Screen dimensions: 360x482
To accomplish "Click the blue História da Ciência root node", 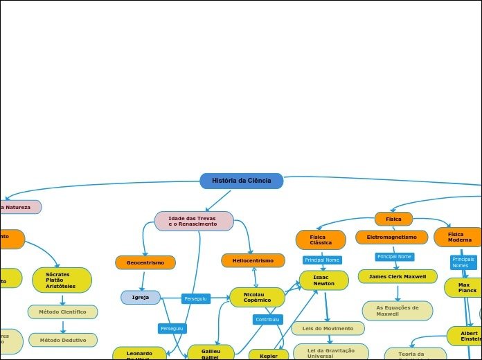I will click(242, 181).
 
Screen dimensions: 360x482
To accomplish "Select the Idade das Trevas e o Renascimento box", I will click(194, 221).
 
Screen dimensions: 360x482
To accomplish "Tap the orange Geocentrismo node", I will click(145, 262).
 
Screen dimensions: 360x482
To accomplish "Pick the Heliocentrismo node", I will click(253, 260).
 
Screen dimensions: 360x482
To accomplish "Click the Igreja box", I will click(141, 297).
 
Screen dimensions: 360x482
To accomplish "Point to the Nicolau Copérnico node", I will click(257, 297).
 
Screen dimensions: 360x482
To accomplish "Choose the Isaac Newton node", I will click(323, 280).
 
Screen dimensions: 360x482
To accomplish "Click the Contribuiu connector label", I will click(267, 319).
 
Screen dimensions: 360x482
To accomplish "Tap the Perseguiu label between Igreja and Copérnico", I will click(195, 298).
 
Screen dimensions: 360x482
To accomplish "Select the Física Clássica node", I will click(321, 240).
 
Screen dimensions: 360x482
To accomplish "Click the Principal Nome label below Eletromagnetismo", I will click(395, 257).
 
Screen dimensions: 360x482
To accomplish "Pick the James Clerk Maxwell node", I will click(398, 276).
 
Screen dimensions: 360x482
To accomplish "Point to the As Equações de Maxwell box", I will click(398, 310).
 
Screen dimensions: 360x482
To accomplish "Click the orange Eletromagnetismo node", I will click(392, 237).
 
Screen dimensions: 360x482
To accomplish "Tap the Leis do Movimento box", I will click(328, 328).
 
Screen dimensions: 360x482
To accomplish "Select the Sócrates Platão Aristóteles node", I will click(62, 280).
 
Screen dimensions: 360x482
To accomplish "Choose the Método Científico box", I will click(62, 312).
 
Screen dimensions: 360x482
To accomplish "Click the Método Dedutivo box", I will click(62, 340).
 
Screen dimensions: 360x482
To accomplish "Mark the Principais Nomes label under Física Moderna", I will click(463, 262).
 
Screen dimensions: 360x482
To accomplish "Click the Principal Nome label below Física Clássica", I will click(322, 260).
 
